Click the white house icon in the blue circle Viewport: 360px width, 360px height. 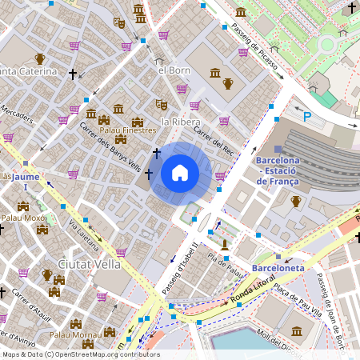click(180, 173)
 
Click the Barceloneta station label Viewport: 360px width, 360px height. click(278, 268)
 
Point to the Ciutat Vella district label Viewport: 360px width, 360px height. click(90, 263)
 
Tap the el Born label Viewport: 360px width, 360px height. click(174, 70)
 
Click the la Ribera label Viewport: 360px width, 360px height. click(180, 122)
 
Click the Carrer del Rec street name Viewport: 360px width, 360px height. click(212, 141)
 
